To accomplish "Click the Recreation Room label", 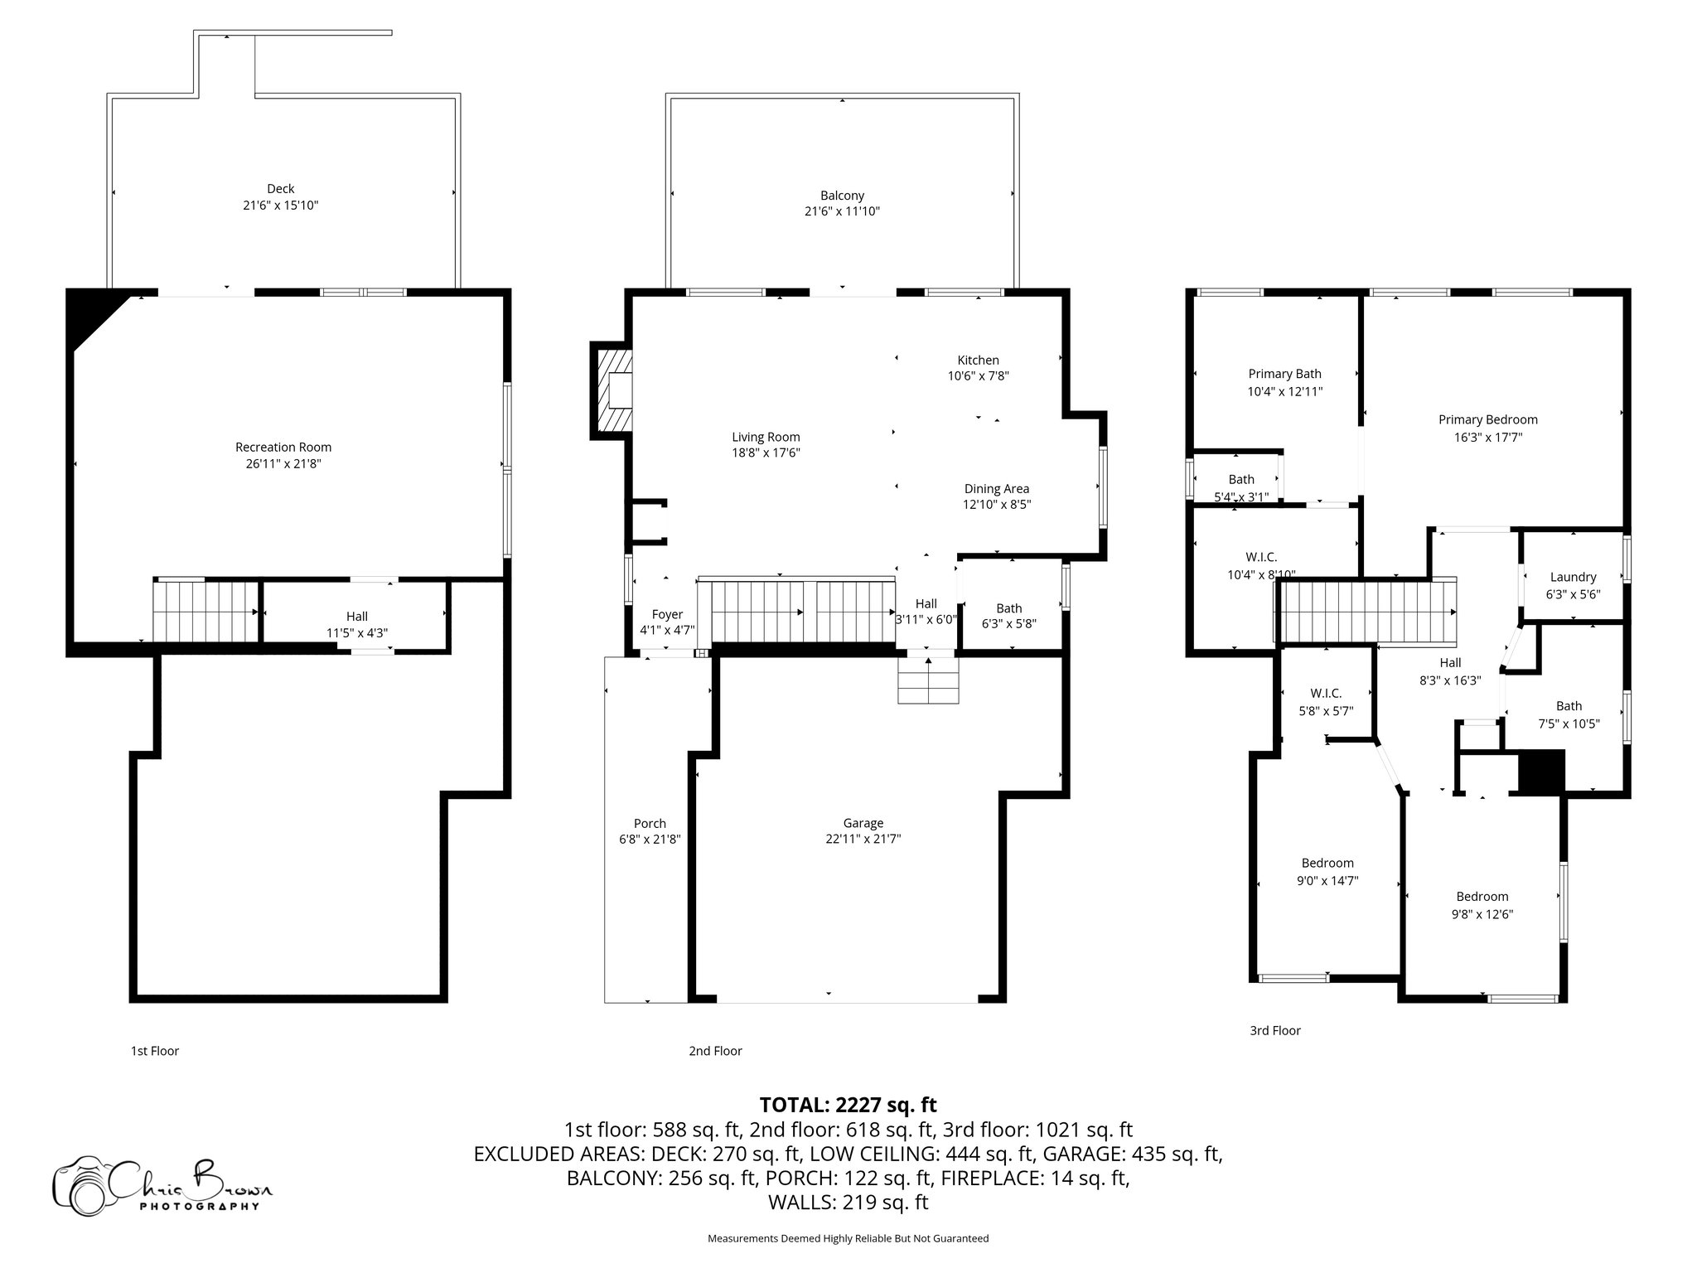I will point(283,448).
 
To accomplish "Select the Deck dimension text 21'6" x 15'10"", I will point(280,205).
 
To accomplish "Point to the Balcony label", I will point(842,196).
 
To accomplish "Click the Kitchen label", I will point(978,360).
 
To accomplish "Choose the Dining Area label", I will point(996,489).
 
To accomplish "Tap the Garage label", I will point(863,823).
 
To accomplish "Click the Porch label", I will point(650,823).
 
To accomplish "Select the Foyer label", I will point(667,614).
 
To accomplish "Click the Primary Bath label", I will point(1284,374).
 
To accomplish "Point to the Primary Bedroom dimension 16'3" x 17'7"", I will point(1487,437).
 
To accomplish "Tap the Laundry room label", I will point(1572,577).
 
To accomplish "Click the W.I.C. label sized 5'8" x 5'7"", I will point(1326,693).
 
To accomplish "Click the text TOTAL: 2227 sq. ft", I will point(848,1105).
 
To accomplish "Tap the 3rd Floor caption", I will point(1274,1030).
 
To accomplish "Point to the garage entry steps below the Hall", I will point(928,680).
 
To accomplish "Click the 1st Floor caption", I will point(154,1051).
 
